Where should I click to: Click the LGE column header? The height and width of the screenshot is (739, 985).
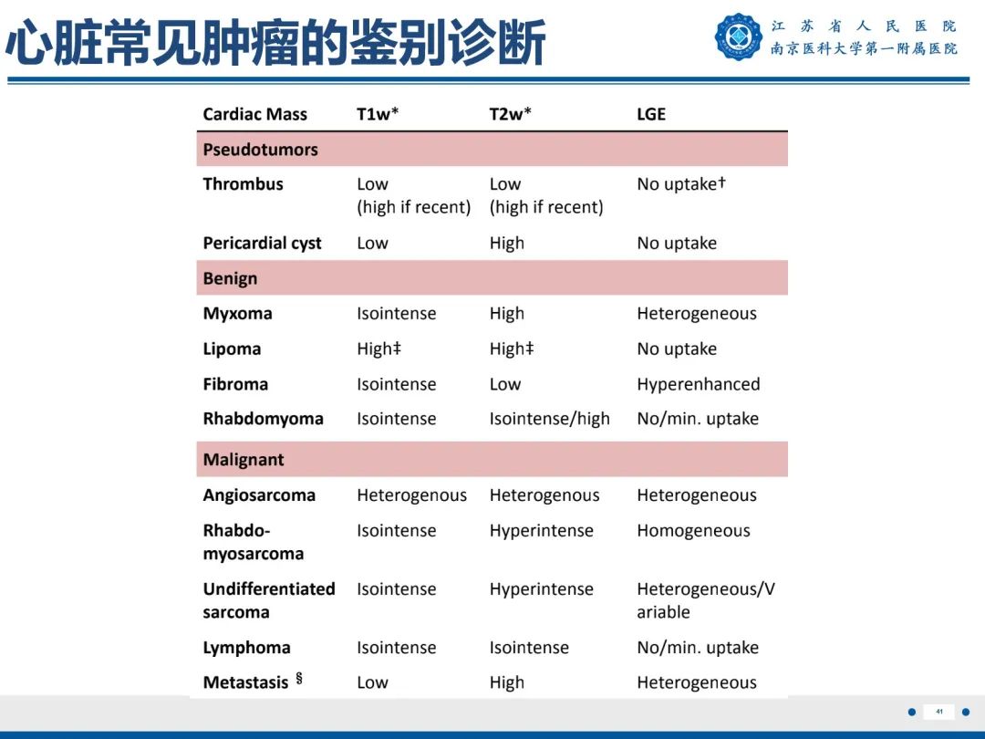pos(651,114)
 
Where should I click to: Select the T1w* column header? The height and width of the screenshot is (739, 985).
pos(378,114)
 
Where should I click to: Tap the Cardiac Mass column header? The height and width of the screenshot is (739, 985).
pos(254,114)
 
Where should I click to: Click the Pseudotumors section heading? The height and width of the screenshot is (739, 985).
pos(260,150)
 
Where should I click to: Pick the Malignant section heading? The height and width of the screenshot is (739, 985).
pos(244,460)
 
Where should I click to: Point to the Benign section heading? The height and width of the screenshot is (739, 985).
pos(230,278)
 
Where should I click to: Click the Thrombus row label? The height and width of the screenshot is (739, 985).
pos(243,184)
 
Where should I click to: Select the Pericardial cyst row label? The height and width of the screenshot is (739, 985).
pos(262,244)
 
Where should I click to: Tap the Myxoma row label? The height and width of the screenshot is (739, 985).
pos(237,314)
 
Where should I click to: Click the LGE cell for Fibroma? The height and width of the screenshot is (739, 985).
pos(698,384)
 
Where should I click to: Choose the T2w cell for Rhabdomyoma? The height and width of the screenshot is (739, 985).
pos(549,419)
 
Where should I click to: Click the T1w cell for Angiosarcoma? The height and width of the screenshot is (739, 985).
pos(411,495)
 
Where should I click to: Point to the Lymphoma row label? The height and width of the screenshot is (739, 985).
pos(246,648)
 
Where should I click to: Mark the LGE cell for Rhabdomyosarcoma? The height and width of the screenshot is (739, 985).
pos(693,531)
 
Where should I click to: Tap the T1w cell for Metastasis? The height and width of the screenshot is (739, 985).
pos(372,682)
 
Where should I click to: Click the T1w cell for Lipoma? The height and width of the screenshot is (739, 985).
pos(378,349)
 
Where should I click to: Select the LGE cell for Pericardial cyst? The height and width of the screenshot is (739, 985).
pos(677,244)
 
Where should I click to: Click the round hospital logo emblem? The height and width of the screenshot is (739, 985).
pos(738,37)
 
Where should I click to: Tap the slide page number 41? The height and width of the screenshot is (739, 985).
pos(938,712)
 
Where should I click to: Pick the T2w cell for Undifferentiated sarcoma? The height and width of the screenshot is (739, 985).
pos(541,589)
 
